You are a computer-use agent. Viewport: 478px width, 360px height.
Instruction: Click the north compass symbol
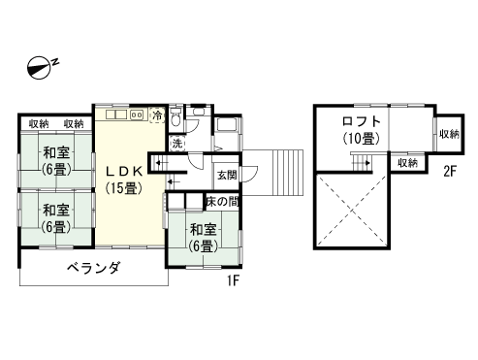[x=41, y=66]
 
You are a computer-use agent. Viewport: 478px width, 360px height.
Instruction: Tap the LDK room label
[x=124, y=171]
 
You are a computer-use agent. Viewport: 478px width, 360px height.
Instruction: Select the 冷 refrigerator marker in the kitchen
[x=158, y=115]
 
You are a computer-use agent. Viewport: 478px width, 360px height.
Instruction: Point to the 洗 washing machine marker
[x=177, y=143]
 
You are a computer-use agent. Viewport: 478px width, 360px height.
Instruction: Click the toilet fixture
[x=175, y=119]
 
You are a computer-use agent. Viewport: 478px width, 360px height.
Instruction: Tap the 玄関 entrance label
[x=226, y=176]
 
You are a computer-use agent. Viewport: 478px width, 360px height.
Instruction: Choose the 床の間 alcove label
[x=224, y=201]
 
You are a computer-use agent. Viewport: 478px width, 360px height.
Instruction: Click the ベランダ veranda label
[x=93, y=269]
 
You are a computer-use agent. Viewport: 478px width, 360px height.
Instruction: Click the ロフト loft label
[x=361, y=122]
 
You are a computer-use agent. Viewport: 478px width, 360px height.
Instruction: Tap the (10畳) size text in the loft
[x=361, y=138]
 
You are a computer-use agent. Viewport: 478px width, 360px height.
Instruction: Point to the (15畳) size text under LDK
[x=124, y=187]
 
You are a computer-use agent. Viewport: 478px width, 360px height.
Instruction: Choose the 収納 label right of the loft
[x=448, y=133]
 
